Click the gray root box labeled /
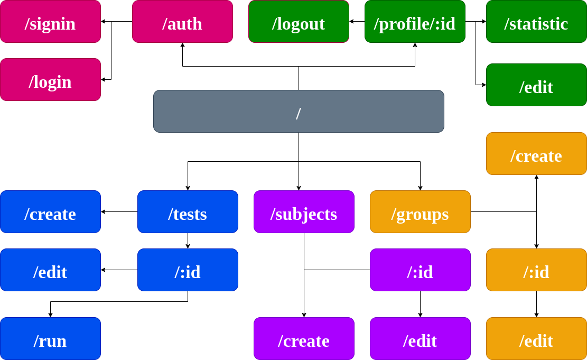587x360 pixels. point(299,111)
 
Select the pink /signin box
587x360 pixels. point(50,21)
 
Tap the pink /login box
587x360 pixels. point(50,79)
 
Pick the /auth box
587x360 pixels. point(182,21)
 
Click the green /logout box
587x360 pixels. point(299,21)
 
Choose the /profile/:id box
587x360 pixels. point(415,21)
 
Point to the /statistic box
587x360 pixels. point(536,21)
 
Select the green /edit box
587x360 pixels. point(536,85)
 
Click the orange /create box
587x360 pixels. point(536,153)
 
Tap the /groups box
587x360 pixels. point(420,211)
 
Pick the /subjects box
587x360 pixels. point(304,211)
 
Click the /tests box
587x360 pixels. point(188,211)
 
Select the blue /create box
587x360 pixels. point(50,211)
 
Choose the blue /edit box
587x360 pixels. point(50,270)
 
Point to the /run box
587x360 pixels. point(50,338)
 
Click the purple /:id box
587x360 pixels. point(420,270)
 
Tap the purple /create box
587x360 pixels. point(304,338)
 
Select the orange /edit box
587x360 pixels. point(536,338)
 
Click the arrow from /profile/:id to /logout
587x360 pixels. point(357,22)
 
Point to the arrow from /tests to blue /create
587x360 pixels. point(119,211)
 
